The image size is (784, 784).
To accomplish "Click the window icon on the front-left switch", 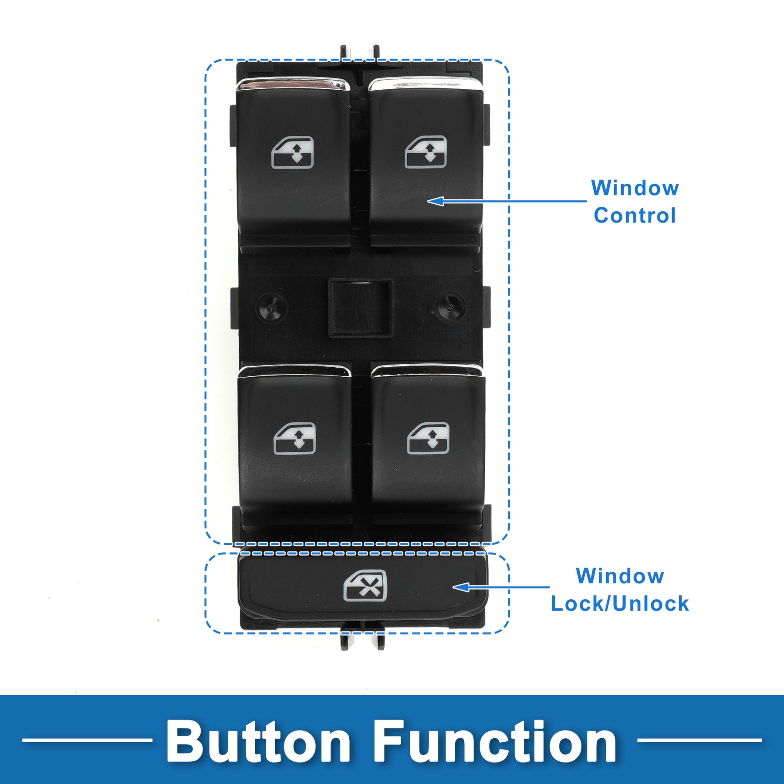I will pos(293,153).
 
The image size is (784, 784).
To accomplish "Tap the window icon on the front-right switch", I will pos(426,152).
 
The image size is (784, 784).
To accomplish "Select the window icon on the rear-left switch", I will pos(295,439).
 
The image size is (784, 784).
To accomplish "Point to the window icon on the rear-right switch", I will pos(428,438).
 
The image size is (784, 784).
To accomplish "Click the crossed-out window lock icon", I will pos(365,586).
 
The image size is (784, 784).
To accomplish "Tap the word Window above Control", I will pos(635,188).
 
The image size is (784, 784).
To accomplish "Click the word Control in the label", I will pos(635,216).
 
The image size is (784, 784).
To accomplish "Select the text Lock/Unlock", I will pos(620,604).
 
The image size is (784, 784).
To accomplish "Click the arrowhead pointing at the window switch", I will pos(436,201).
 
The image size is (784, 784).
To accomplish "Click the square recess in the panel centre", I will pos(360,308).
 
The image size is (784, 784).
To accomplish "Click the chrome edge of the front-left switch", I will pos(293,84).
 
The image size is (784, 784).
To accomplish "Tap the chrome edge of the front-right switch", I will pos(426,84).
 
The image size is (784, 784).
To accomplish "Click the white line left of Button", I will pos(87,740).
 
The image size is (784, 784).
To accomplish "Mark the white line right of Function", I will pos(700,740).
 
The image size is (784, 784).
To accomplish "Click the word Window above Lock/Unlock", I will pos(620,576).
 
